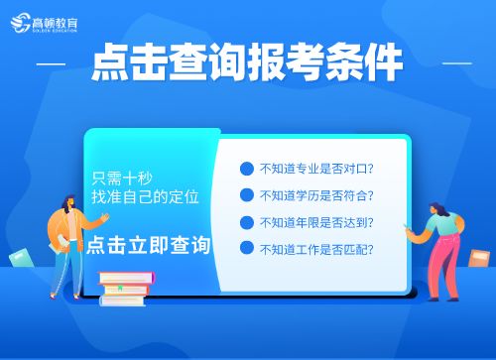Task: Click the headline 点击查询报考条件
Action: tap(247, 64)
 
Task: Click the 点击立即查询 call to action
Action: tap(149, 245)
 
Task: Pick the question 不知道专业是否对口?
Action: tap(315, 169)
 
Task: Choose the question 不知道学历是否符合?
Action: tap(315, 195)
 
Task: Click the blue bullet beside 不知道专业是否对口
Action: tap(245, 169)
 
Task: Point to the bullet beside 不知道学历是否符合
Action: tap(245, 195)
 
